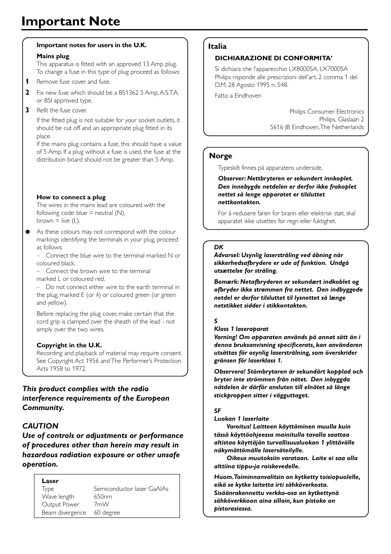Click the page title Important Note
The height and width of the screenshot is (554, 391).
[71, 21]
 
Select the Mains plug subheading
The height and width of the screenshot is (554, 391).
[53, 56]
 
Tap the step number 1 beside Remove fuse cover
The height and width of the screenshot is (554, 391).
[27, 82]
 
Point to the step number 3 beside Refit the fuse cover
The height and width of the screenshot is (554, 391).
[27, 110]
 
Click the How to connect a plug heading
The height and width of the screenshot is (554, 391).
[71, 197]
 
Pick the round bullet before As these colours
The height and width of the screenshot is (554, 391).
[28, 232]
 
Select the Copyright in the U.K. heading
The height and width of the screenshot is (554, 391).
[69, 345]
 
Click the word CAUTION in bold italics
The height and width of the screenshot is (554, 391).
[40, 426]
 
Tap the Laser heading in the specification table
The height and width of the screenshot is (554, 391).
[50, 481]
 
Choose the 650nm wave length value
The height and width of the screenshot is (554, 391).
[103, 497]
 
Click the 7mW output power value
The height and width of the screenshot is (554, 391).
[101, 504]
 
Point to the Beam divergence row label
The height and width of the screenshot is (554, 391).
[64, 513]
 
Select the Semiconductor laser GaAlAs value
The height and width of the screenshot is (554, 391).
[131, 489]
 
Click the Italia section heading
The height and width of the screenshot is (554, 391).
[217, 46]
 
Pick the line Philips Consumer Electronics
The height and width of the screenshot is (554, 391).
[326, 112]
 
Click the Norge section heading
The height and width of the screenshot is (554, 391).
[221, 156]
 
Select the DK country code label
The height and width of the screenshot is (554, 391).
[218, 247]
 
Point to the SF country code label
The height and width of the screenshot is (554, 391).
[217, 411]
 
